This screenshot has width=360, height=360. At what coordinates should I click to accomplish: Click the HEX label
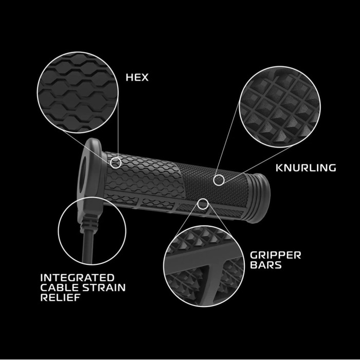coord(137,77)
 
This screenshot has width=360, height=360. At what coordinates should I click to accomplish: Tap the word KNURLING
coord(305,168)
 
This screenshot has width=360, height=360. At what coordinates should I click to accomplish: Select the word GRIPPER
coord(275,255)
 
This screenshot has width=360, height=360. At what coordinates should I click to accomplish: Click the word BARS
coord(266,265)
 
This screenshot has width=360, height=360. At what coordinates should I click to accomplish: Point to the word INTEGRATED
coord(77,278)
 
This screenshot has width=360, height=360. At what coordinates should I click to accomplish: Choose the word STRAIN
coord(104,287)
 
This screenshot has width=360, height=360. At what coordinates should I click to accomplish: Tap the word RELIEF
coord(60,297)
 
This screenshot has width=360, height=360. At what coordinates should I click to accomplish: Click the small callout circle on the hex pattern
coord(116,163)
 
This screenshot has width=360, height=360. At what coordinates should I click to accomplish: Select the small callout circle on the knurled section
coord(219,180)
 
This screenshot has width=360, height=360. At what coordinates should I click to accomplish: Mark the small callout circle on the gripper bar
coord(203,204)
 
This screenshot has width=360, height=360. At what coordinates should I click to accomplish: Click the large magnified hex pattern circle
coord(78,92)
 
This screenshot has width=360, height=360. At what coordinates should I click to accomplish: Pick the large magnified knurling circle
coord(280,107)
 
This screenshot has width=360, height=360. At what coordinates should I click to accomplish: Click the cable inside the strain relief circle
coord(88,247)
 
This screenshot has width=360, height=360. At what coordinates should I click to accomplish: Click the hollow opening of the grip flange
coord(82,174)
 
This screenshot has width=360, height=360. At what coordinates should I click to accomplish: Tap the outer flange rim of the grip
coord(90,177)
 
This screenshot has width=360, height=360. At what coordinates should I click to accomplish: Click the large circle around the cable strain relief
coord(92,231)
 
